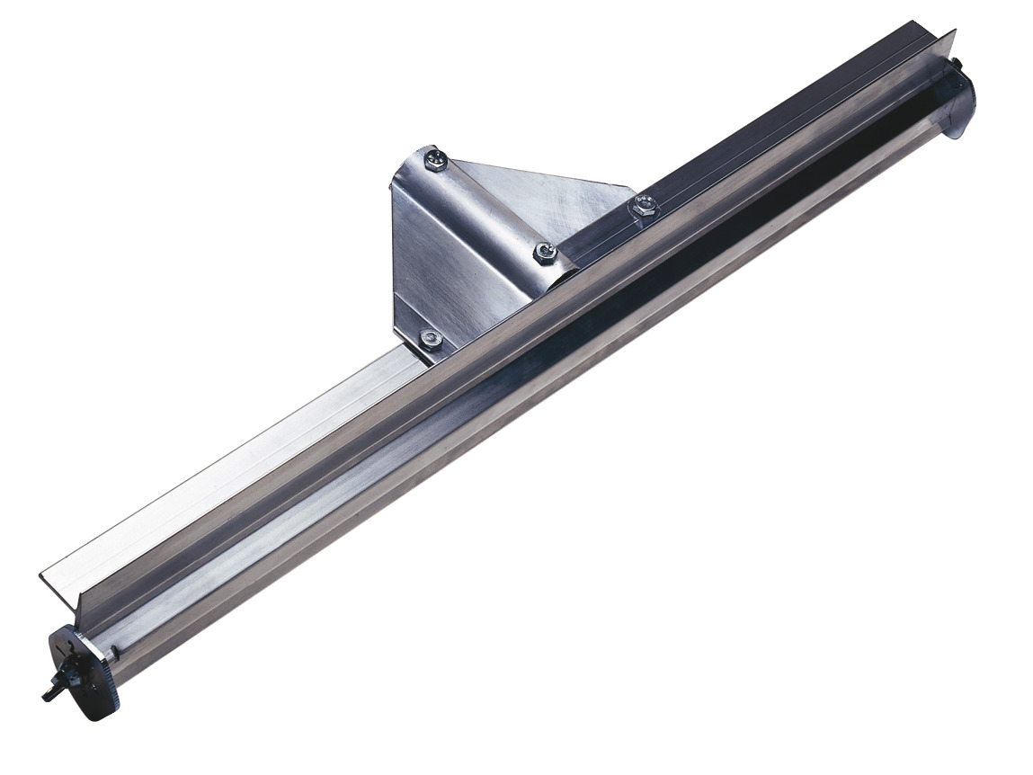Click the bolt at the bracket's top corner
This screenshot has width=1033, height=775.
(434, 159)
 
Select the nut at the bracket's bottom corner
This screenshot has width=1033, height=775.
(432, 338)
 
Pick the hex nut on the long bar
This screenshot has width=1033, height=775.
(643, 206)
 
